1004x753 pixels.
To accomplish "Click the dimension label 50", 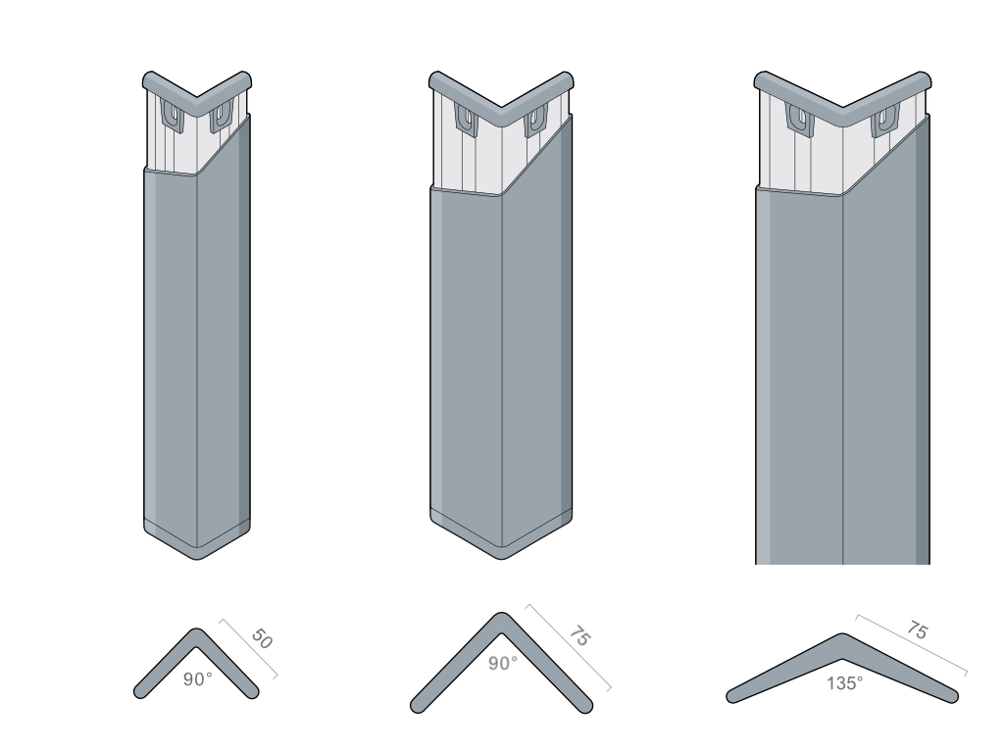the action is click(x=262, y=638).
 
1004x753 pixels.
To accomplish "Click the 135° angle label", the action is click(x=844, y=683).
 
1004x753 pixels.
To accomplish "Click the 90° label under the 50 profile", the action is click(x=197, y=679).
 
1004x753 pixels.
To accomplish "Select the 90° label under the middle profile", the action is click(x=503, y=664).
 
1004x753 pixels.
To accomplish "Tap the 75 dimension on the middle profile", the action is click(x=579, y=635).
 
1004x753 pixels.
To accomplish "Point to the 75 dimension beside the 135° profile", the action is click(x=917, y=630).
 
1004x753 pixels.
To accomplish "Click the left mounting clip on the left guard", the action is click(x=173, y=116).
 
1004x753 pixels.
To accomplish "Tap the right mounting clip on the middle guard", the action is click(x=535, y=121).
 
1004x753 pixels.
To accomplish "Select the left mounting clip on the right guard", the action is click(x=800, y=120).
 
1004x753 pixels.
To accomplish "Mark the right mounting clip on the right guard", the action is click(x=885, y=121).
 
